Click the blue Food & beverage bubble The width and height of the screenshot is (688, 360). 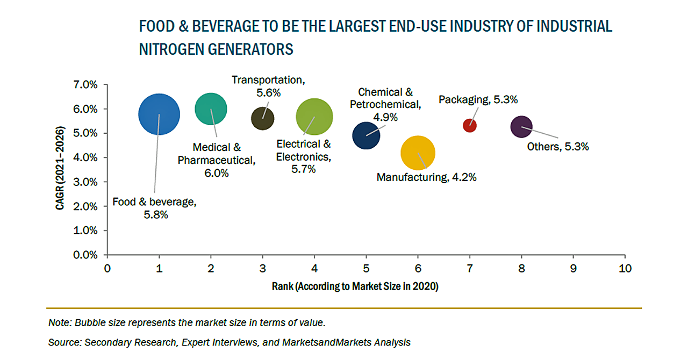(159, 114)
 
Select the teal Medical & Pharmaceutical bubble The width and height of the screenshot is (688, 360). (211, 109)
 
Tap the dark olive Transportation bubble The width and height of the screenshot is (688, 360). (262, 119)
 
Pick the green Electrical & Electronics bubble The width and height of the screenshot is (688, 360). (314, 117)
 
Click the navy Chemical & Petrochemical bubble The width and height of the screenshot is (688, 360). (366, 135)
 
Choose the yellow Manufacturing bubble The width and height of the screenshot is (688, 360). (418, 153)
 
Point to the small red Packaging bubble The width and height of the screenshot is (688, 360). (470, 125)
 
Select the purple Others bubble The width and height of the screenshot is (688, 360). (521, 127)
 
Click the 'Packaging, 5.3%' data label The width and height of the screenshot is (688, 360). (478, 99)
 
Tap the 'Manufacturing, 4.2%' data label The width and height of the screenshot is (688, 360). (426, 177)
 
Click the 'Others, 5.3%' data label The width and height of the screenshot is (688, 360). (558, 146)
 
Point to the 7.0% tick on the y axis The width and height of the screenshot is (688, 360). (85, 85)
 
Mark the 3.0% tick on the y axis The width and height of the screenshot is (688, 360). (85, 182)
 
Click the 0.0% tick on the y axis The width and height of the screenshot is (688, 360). (85, 255)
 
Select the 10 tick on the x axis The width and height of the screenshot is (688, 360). (625, 268)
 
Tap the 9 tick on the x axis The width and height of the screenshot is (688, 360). (573, 268)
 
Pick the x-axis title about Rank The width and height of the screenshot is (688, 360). (355, 287)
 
